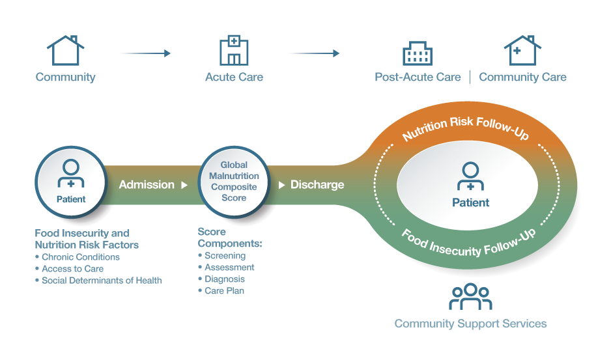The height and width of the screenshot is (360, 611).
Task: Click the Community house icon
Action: click(65, 50)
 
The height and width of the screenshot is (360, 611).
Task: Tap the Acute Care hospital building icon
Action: click(234, 50)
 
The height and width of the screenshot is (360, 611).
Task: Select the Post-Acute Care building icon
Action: click(418, 53)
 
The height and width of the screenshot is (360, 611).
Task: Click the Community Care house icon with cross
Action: click(522, 50)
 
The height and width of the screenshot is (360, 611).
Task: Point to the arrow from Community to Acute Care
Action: click(146, 53)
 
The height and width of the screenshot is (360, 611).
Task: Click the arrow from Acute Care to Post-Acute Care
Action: click(315, 53)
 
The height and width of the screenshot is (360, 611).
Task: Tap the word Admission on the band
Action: click(147, 185)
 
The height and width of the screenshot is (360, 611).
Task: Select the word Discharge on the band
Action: click(317, 185)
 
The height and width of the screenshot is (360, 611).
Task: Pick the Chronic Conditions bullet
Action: click(80, 257)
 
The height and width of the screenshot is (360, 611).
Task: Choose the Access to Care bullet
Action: click(72, 269)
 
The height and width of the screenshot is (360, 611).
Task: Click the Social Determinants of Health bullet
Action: click(102, 281)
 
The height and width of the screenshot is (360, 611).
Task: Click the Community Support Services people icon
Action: click(470, 298)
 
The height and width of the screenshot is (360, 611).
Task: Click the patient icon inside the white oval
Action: click(470, 176)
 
